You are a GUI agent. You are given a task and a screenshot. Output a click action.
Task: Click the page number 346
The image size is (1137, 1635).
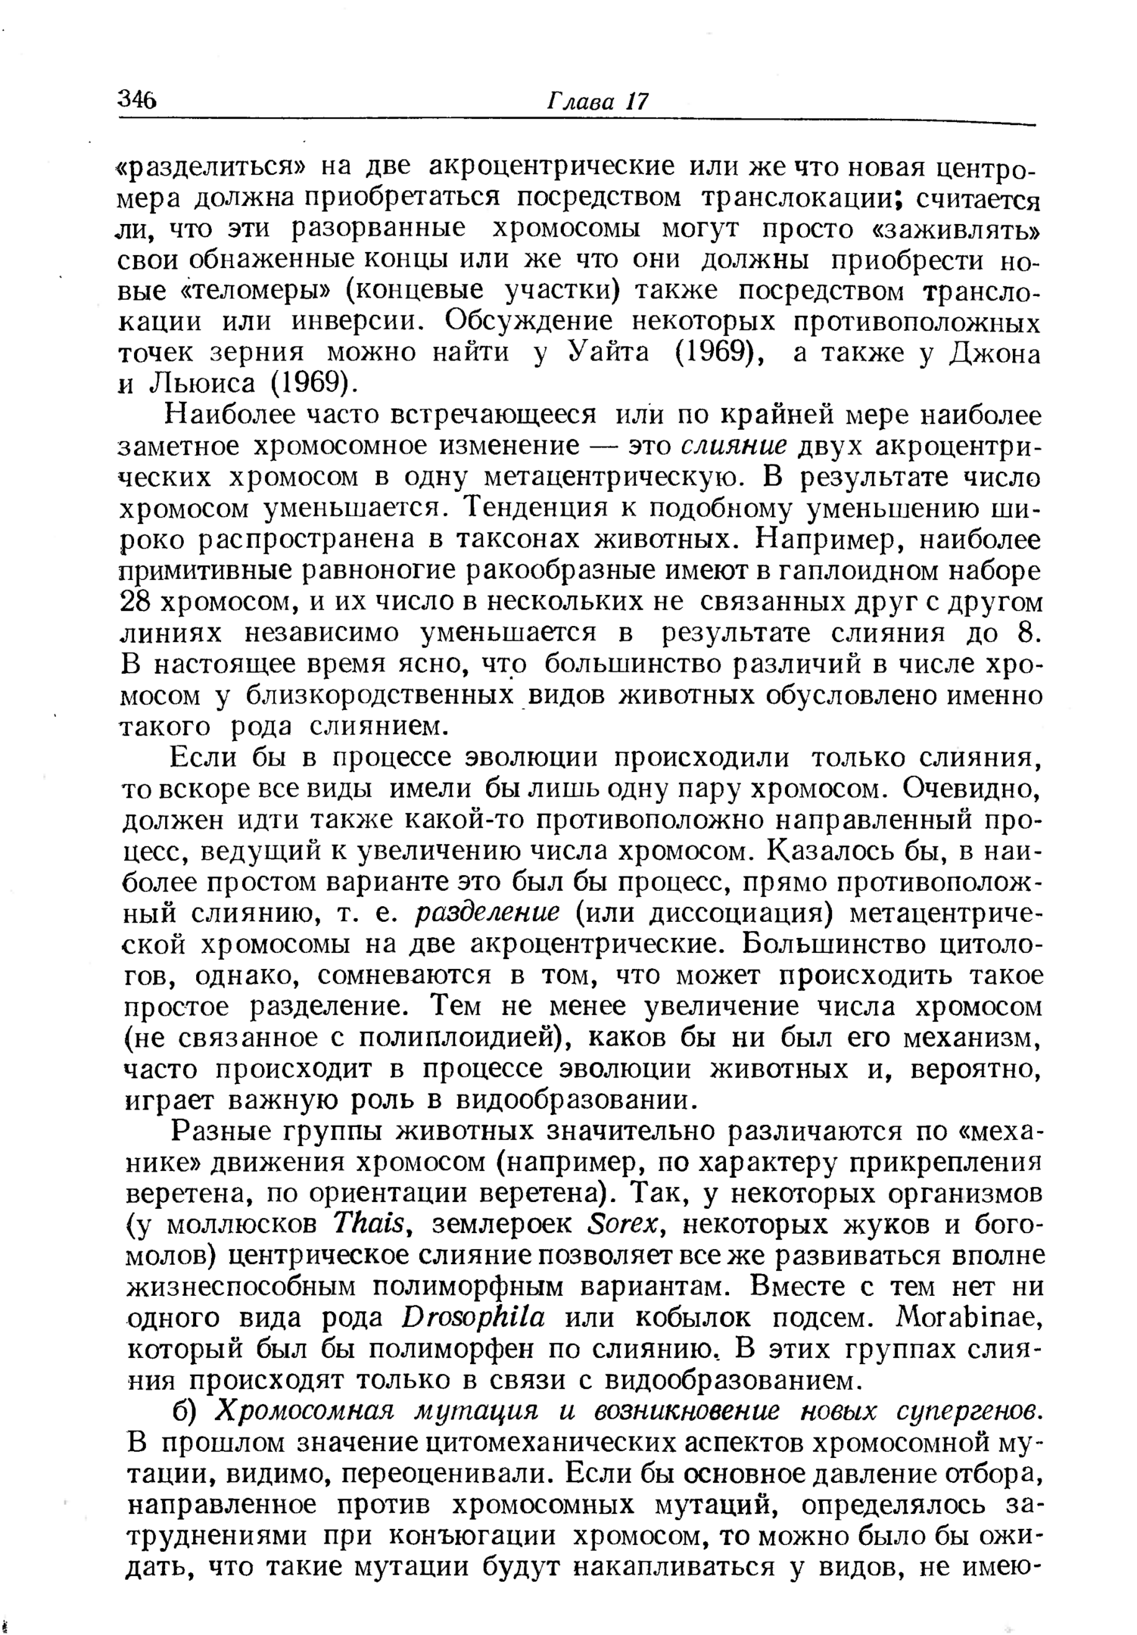click(137, 100)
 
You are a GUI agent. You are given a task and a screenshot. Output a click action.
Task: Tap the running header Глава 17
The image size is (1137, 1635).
click(597, 102)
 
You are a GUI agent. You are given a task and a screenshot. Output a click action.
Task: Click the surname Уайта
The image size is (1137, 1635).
click(608, 354)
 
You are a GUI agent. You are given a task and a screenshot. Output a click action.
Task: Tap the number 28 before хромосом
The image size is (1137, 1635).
click(137, 603)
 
